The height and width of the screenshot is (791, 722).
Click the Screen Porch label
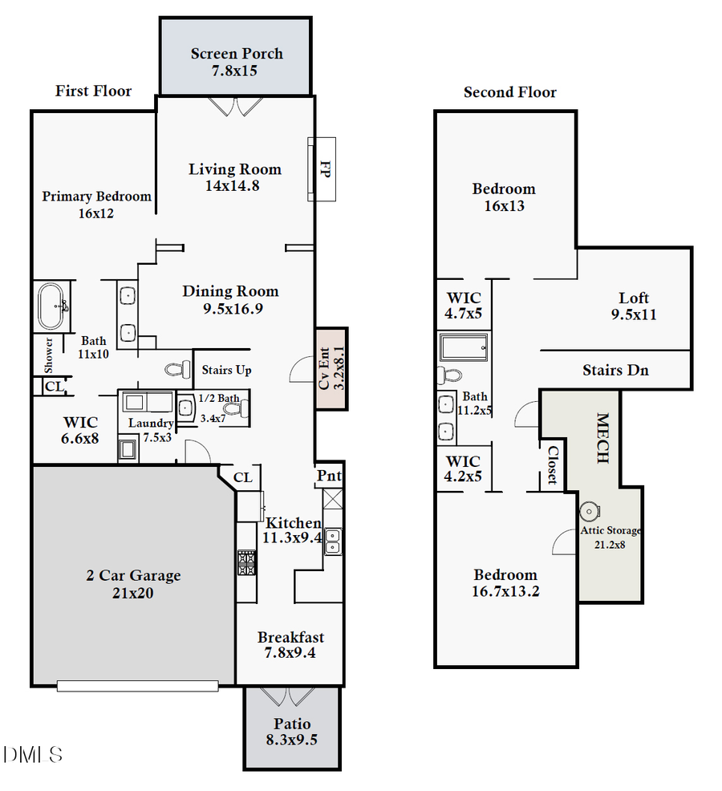click(x=237, y=55)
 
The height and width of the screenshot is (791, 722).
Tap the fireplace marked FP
click(x=322, y=169)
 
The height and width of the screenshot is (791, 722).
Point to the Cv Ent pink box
click(x=331, y=368)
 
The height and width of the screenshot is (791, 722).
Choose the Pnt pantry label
click(x=330, y=476)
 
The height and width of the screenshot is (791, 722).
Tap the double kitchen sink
click(x=332, y=542)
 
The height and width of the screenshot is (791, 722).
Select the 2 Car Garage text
click(x=133, y=575)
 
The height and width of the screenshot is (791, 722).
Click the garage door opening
click(x=137, y=686)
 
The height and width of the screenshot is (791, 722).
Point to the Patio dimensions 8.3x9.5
click(x=291, y=740)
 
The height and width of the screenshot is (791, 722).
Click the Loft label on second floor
click(x=634, y=298)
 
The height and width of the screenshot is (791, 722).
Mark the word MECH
click(x=602, y=438)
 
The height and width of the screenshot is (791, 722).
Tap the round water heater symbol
click(x=590, y=510)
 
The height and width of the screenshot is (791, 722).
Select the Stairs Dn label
click(x=615, y=370)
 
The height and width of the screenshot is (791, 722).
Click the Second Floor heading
click(x=510, y=92)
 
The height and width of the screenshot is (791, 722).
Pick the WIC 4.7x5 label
click(x=464, y=305)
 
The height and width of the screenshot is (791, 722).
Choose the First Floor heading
click(x=93, y=91)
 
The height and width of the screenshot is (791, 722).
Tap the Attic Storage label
click(x=611, y=530)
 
